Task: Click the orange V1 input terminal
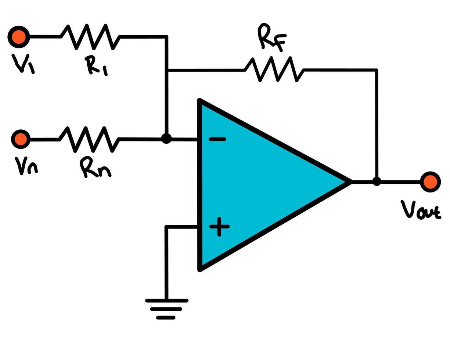point(18,37)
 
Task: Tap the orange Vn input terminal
point(21,139)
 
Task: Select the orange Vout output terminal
point(430,182)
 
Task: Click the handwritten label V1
point(23,64)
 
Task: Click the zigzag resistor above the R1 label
point(90,37)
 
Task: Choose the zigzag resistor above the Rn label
point(89,139)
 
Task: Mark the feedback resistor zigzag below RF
point(274,69)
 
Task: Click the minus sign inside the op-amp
point(217,139)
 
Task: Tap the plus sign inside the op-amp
point(219,227)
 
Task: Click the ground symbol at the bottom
point(166,309)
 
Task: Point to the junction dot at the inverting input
point(166,139)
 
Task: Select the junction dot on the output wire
point(377,181)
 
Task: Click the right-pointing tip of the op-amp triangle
point(349,182)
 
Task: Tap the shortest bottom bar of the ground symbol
point(166,318)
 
